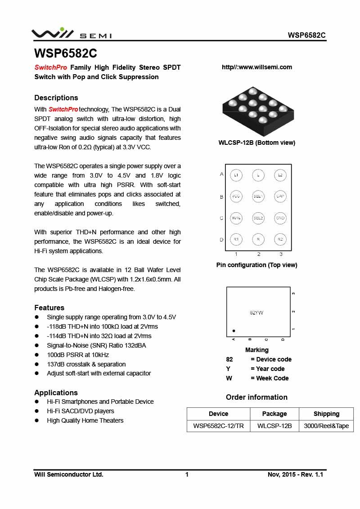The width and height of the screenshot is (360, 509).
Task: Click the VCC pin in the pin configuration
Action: click(x=236, y=196)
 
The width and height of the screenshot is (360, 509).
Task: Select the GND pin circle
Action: click(x=280, y=218)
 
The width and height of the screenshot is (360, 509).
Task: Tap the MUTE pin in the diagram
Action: click(x=236, y=218)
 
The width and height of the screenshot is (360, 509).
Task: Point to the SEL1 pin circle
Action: click(x=258, y=196)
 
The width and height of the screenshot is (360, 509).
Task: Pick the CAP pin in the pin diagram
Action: click(x=280, y=196)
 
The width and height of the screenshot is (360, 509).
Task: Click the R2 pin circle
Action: click(x=280, y=240)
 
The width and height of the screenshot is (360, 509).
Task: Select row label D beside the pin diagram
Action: click(x=221, y=240)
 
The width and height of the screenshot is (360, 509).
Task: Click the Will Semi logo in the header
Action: click(x=71, y=34)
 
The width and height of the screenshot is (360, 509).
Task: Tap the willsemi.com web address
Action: click(x=257, y=67)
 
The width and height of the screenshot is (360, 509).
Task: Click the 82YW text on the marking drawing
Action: click(x=256, y=312)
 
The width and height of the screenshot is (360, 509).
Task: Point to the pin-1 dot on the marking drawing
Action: click(x=234, y=330)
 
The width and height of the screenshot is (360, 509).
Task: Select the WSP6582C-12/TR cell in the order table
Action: click(x=218, y=426)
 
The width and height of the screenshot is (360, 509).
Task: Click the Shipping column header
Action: click(x=326, y=414)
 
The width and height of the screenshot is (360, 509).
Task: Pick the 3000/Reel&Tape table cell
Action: click(x=326, y=426)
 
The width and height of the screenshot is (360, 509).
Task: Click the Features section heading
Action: click(x=49, y=308)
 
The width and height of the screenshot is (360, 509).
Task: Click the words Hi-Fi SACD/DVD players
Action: click(x=81, y=411)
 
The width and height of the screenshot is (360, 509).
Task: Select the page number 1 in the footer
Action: click(x=187, y=474)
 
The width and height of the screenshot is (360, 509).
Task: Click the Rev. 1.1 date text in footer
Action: click(x=295, y=474)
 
